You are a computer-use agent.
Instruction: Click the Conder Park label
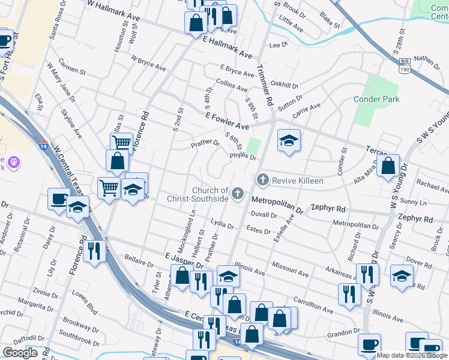point(376,99)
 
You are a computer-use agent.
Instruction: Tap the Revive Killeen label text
point(298,181)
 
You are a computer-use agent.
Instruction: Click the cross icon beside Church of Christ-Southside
point(238,193)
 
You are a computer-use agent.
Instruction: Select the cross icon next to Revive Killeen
point(262,180)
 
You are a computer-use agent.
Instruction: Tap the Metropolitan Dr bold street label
point(277,204)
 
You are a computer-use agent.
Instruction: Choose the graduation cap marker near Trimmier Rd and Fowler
point(289,141)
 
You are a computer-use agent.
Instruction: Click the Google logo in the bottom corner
point(20,353)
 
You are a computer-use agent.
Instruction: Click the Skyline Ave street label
point(71,124)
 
